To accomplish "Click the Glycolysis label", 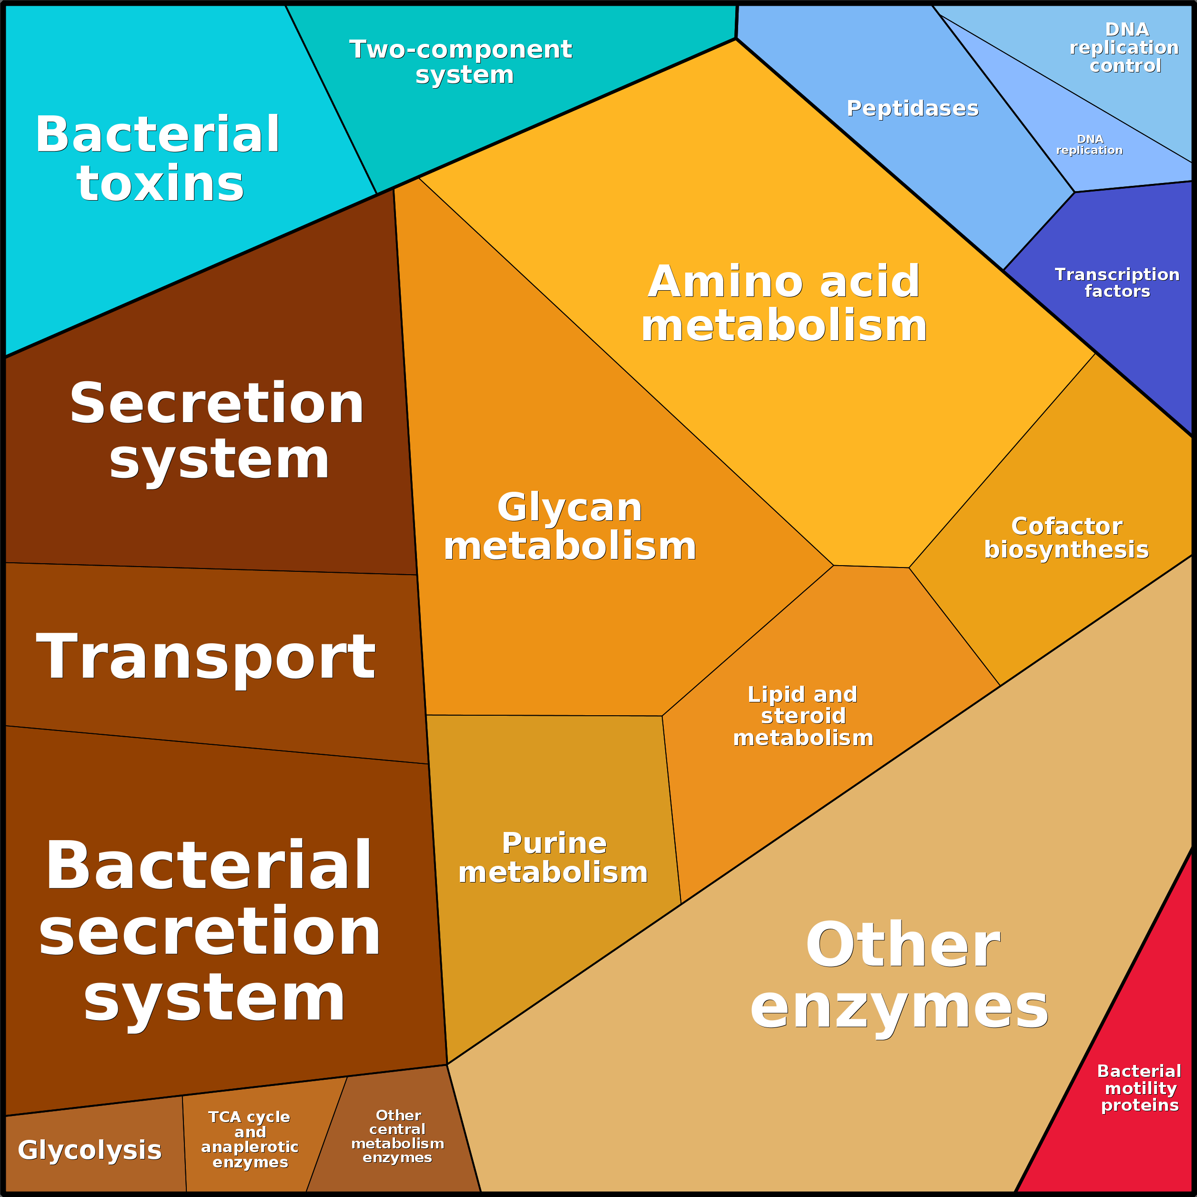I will pos(90,1150).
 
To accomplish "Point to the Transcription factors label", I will pos(1117,283).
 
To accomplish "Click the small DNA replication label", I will pos(1089,144).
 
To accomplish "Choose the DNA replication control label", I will pos(1125,47).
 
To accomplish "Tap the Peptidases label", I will pos(913,109).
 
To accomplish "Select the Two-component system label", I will pos(462,62).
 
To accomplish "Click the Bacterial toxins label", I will pos(158,159).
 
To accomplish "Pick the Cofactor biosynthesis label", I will pos(1066,538).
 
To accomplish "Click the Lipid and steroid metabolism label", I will pos(803,716).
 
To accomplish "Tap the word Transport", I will pos(206,657).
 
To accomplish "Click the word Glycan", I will pos(569,507).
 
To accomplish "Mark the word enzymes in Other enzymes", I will pos(899,1007).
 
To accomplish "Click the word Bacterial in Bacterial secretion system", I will pos(209,865).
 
